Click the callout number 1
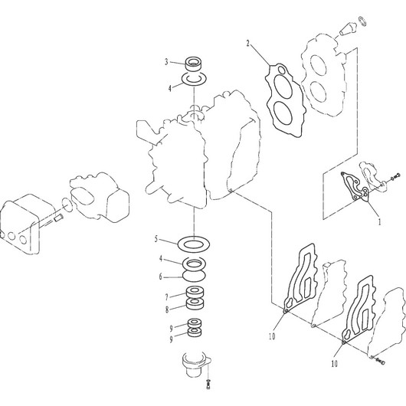pyautogui.click(x=380, y=221)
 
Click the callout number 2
pyautogui.click(x=247, y=43)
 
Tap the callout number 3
pyautogui.click(x=166, y=62)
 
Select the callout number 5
pyautogui.click(x=156, y=239)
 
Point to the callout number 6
pyautogui.click(x=161, y=277)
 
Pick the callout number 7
pyautogui.click(x=167, y=297)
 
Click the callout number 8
pyautogui.click(x=167, y=309)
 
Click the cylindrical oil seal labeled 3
pyautogui.click(x=194, y=64)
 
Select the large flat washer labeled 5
pyautogui.click(x=194, y=244)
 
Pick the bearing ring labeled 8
pyautogui.click(x=195, y=303)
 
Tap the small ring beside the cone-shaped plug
pyautogui.click(x=362, y=21)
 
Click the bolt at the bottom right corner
pyautogui.click(x=380, y=361)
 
